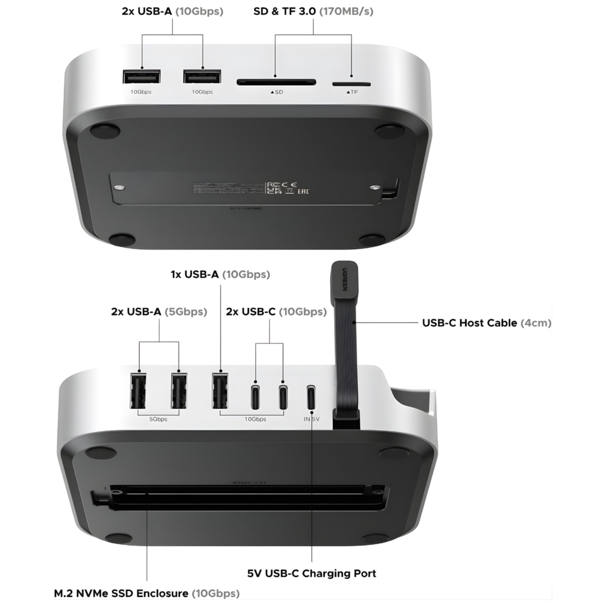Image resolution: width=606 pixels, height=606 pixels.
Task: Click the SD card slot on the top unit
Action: (276, 82)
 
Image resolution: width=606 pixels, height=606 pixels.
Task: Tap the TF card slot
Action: (352, 84)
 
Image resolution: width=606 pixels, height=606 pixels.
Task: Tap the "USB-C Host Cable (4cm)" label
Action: (486, 323)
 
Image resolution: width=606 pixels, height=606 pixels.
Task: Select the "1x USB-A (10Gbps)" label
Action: (220, 274)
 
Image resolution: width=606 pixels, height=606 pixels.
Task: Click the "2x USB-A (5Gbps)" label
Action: (159, 312)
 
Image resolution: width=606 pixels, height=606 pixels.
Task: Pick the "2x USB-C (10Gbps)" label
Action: (276, 312)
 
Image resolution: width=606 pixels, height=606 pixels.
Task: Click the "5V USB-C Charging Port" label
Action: (311, 573)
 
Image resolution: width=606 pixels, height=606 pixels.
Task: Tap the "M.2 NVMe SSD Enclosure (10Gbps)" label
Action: (147, 593)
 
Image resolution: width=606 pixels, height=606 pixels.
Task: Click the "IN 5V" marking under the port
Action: (311, 419)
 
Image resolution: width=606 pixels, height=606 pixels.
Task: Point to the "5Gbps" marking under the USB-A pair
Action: (158, 419)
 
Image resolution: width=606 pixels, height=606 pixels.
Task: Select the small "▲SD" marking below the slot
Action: (276, 93)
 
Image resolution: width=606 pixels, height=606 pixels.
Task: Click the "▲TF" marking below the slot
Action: (352, 93)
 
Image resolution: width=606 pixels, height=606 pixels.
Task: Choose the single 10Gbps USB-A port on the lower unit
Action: (220, 391)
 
